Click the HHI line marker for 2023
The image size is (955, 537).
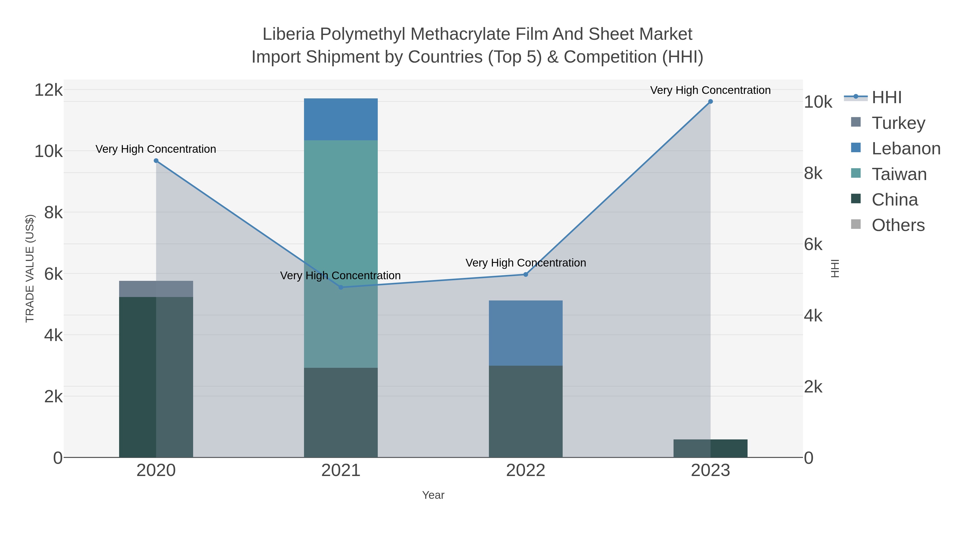[x=710, y=102]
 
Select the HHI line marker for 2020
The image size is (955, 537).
[x=156, y=161]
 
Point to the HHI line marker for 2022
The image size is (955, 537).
[x=525, y=275]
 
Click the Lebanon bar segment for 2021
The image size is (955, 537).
[x=341, y=119]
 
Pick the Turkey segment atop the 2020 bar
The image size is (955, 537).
[x=156, y=289]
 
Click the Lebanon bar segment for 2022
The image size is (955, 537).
[x=525, y=333]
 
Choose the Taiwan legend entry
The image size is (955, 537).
[x=899, y=174]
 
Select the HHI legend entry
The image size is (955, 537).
[x=886, y=98]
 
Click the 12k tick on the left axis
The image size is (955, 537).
[x=48, y=90]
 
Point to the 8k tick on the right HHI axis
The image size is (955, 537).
[x=813, y=173]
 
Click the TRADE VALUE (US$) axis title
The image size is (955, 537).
[x=30, y=268]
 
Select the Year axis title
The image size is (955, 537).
[x=433, y=495]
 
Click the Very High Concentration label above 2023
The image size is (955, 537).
[x=710, y=90]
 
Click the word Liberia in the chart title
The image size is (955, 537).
[x=288, y=34]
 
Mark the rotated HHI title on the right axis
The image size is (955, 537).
[x=835, y=268]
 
